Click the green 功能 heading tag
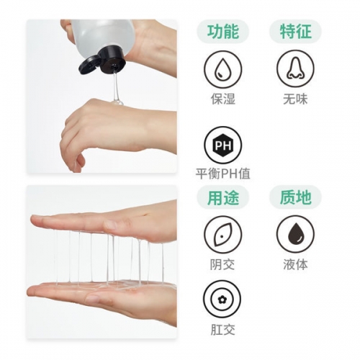[x=222, y=32]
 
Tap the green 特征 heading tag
[x=294, y=32]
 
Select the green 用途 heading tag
[x=222, y=196]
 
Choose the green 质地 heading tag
[x=294, y=196]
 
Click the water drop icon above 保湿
[x=222, y=69]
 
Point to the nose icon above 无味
[x=294, y=69]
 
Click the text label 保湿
[x=222, y=99]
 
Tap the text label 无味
[x=294, y=99]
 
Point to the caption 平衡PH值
[x=222, y=174]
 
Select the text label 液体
[x=294, y=264]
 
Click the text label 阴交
[x=222, y=264]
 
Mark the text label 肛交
[x=222, y=329]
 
